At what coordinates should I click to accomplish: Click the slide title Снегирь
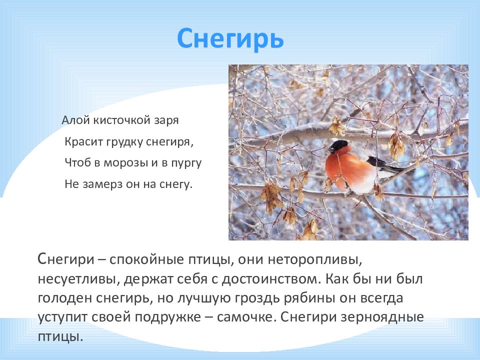[230, 38]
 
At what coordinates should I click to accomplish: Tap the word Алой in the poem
[72, 120]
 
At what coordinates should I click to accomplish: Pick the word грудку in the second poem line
[124, 141]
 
